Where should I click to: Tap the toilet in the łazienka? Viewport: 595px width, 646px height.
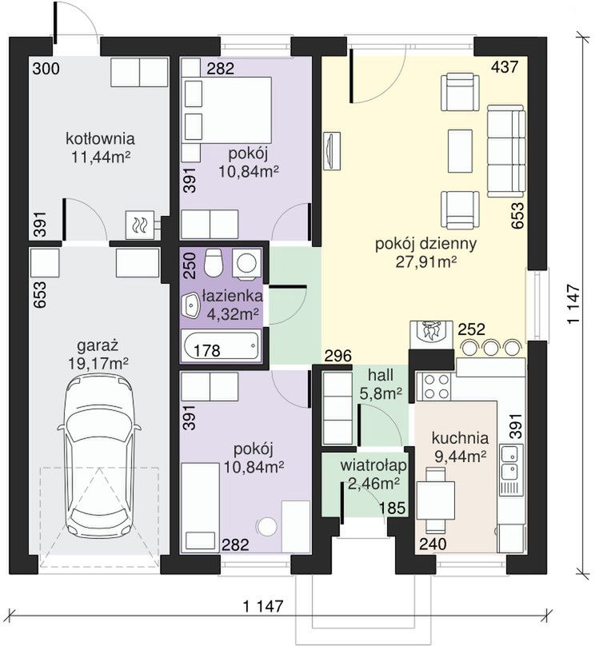point(213,262)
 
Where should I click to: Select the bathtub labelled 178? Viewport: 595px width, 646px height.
point(222,345)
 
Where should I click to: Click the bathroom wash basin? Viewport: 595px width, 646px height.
point(190,305)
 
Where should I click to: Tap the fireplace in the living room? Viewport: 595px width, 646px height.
point(429,333)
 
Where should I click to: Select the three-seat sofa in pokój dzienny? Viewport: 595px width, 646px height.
point(506,151)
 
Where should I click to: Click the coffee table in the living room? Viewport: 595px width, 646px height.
point(460,150)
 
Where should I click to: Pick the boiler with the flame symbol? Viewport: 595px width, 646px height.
point(140,225)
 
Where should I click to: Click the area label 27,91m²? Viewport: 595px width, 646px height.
point(426,262)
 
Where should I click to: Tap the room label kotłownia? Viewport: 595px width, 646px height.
point(100,138)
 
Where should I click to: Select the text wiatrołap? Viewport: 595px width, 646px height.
point(373,465)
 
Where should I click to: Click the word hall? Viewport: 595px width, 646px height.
point(381,375)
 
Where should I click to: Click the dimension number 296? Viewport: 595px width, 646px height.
point(337,356)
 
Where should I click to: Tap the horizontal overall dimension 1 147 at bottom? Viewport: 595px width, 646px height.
point(263,606)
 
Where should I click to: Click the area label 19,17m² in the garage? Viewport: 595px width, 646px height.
point(98,363)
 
